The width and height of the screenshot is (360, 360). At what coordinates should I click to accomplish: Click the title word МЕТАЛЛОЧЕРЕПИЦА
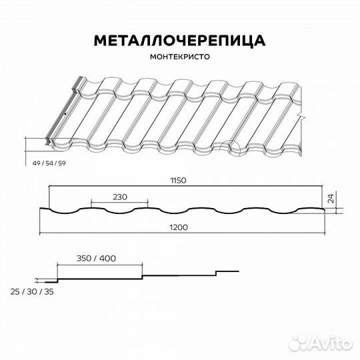pyautogui.click(x=179, y=41)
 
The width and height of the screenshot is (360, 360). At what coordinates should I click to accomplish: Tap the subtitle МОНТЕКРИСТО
pyautogui.click(x=179, y=57)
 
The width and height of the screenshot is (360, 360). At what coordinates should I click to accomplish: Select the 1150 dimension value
pyautogui.click(x=177, y=181)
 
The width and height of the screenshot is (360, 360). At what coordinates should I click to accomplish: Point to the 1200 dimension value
pyautogui.click(x=179, y=227)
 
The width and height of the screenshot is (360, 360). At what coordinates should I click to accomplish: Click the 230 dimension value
pyautogui.click(x=120, y=197)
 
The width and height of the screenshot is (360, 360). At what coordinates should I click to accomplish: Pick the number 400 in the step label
pyautogui.click(x=107, y=257)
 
